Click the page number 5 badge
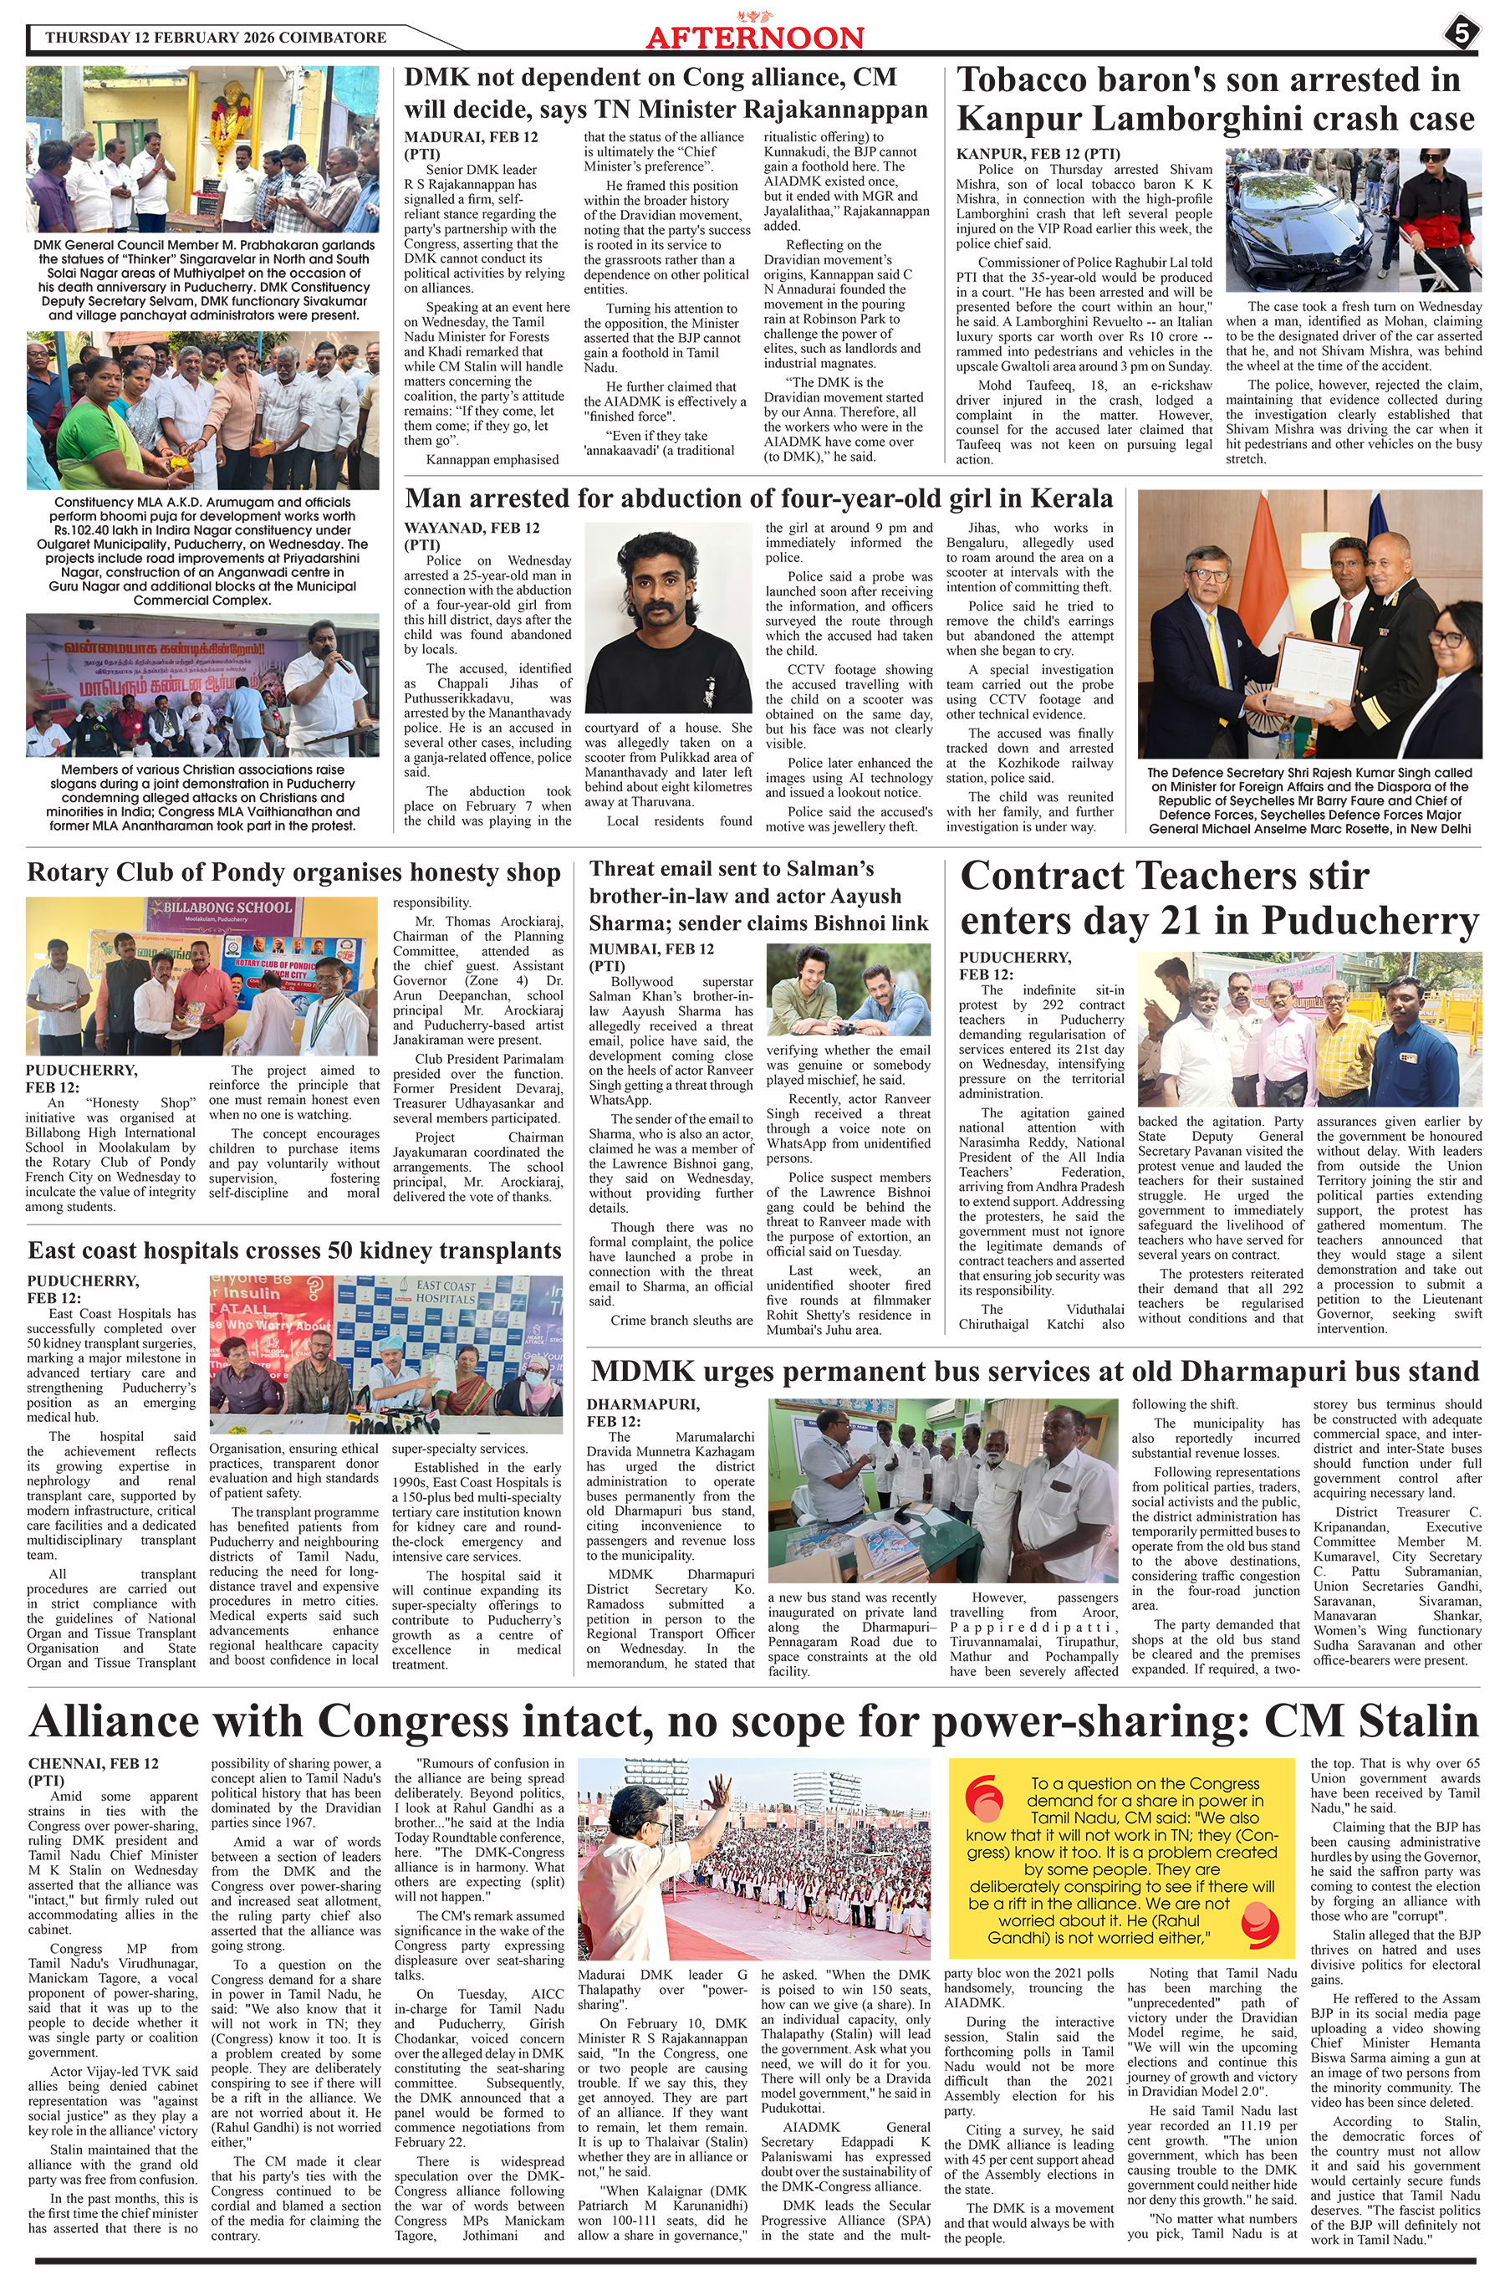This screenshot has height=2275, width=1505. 1460,34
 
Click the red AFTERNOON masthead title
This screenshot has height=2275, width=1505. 754,38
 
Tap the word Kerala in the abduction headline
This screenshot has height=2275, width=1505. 1071,498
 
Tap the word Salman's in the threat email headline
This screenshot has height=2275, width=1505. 826,869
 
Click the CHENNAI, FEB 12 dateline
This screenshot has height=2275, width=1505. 93,1763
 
